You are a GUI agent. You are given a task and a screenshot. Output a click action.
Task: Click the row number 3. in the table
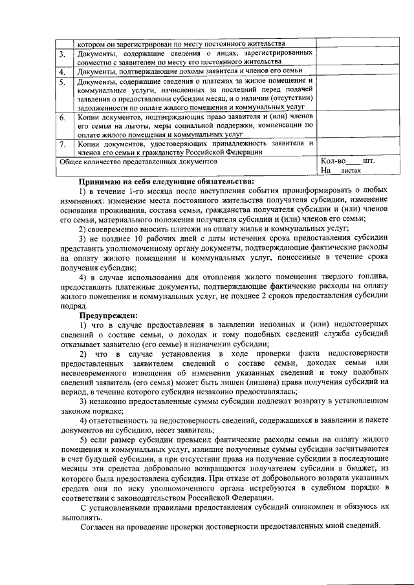(61, 55)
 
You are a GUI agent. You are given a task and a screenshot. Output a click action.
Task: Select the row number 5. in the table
(61, 82)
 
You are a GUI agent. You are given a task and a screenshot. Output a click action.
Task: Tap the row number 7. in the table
(61, 144)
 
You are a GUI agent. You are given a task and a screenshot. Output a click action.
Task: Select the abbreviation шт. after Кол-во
(369, 160)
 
